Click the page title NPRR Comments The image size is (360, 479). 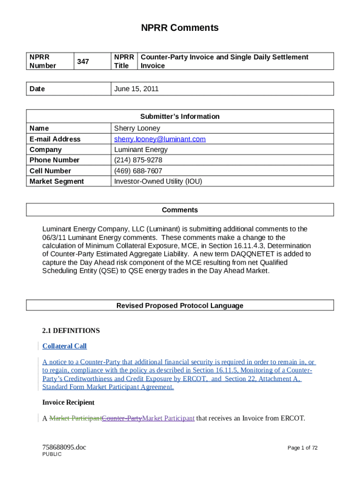(x=180, y=28)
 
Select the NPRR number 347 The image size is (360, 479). (x=83, y=61)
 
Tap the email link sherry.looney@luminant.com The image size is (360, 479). (x=160, y=139)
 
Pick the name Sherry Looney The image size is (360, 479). (x=137, y=128)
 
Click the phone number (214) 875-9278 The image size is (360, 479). (x=138, y=160)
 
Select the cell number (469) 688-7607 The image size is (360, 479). (x=138, y=171)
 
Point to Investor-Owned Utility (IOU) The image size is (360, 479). (x=158, y=181)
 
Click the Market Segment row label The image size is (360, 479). (x=57, y=181)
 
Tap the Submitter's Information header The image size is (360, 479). (x=180, y=116)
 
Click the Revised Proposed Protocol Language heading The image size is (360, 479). (x=180, y=305)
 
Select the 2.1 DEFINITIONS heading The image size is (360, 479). (x=71, y=331)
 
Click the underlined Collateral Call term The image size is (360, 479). (x=65, y=346)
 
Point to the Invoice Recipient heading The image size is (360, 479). (x=68, y=402)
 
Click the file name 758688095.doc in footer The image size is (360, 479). (x=64, y=447)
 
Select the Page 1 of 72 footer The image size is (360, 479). (x=302, y=448)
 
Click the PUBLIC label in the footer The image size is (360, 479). (x=52, y=454)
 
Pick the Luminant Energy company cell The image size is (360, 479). (x=141, y=150)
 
